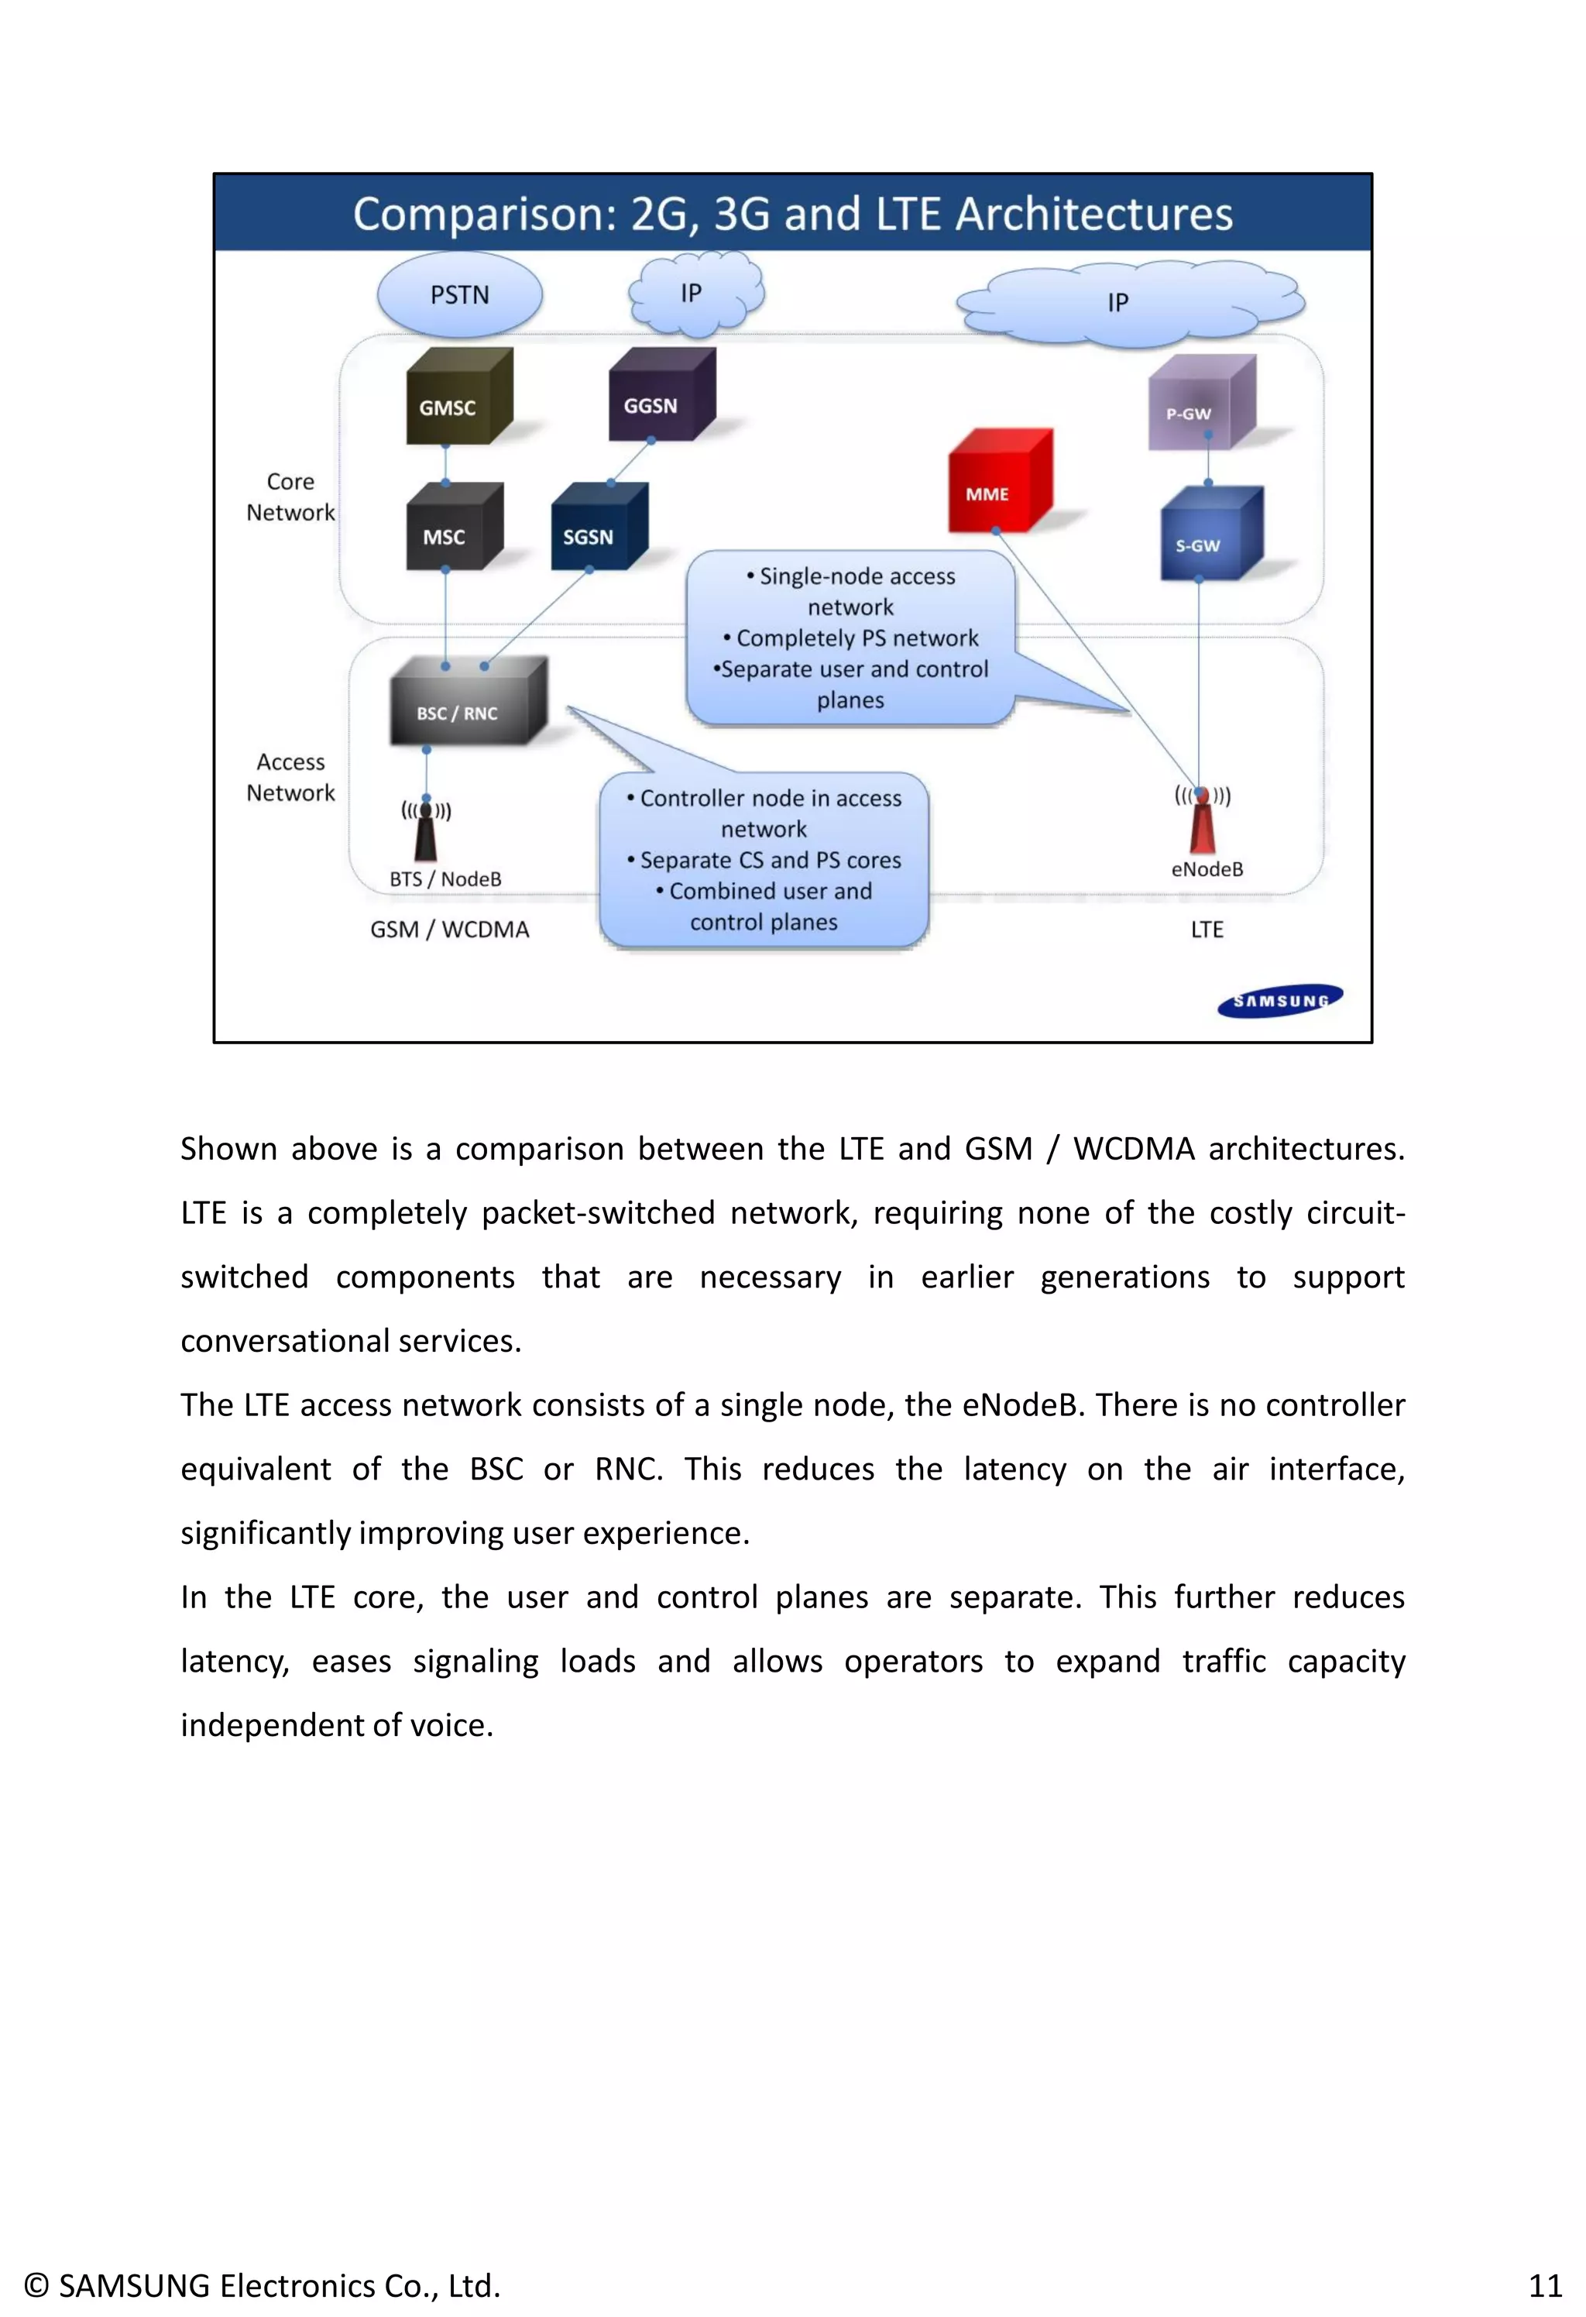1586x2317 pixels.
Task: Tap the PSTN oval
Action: tap(459, 294)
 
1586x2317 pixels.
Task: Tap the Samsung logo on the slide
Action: tap(1280, 1000)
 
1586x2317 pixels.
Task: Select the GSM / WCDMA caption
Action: tap(450, 929)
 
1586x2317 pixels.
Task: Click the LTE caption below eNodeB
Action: tap(1207, 929)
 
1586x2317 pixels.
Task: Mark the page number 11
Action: tap(1544, 2285)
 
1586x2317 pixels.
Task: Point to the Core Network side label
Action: tap(290, 497)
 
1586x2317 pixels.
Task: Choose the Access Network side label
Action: tap(290, 777)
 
